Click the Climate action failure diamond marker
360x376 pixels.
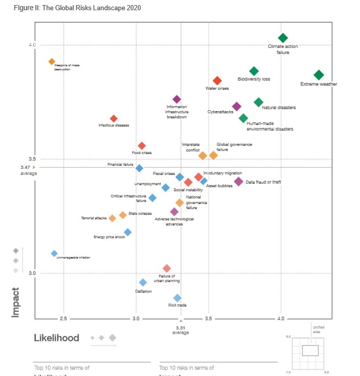pos(283,38)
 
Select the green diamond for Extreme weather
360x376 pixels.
pos(319,75)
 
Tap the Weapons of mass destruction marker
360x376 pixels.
pos(52,62)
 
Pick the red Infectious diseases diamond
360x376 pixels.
pos(114,119)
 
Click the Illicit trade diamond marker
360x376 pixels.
pos(177,298)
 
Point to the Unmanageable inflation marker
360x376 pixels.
pos(54,254)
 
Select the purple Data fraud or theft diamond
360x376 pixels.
pos(238,182)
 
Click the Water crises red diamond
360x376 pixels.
pos(217,81)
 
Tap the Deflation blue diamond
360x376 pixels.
pos(143,283)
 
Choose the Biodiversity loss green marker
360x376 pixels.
pos(254,71)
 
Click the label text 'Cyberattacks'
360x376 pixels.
pos(220,112)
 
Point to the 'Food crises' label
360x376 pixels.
pos(141,153)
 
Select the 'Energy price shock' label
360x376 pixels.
pos(109,237)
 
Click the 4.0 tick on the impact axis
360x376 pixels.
pos(32,45)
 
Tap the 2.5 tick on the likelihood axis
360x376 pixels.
pos(63,319)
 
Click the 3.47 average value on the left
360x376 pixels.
pos(26,167)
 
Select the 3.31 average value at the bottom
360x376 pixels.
pos(181,327)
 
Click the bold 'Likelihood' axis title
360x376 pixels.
pos(57,338)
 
